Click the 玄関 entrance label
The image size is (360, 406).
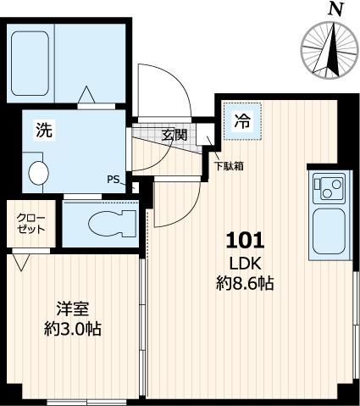click(x=174, y=134)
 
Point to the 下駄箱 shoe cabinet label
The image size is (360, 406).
click(x=229, y=166)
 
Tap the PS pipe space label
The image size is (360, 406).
click(x=114, y=179)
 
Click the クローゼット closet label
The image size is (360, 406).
click(x=27, y=224)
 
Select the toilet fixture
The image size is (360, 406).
click(x=106, y=222)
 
